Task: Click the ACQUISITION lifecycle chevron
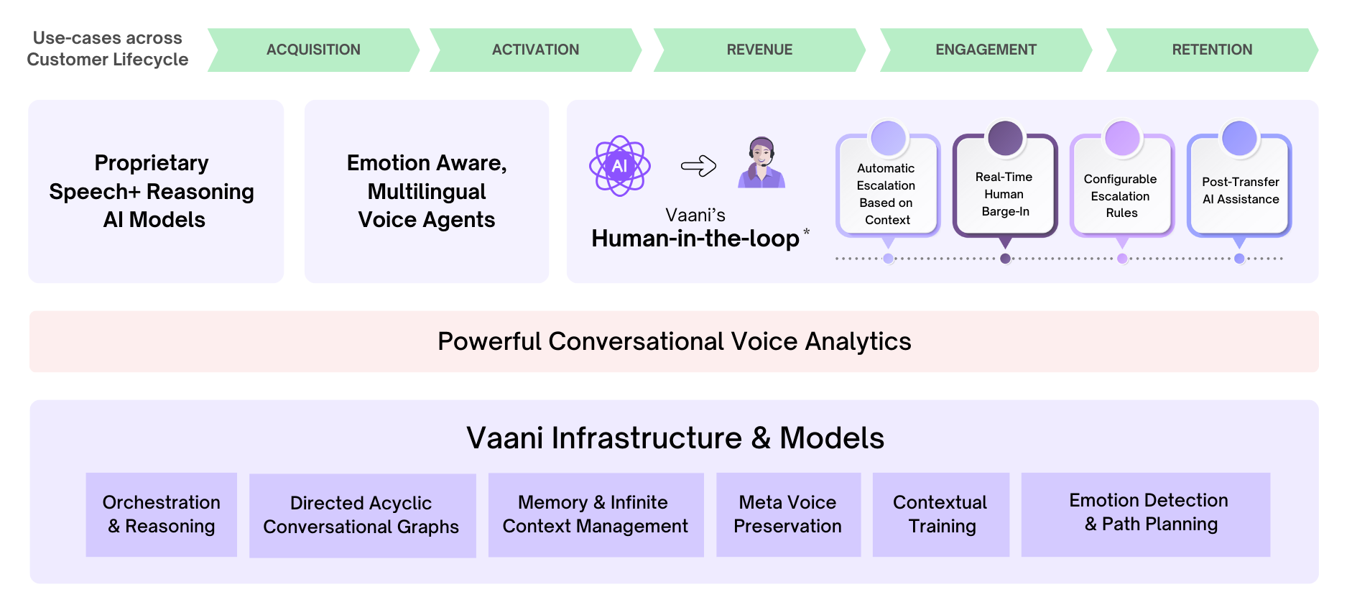point(313,50)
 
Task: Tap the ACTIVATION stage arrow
point(535,50)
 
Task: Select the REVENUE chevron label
point(759,50)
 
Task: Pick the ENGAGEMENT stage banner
point(986,50)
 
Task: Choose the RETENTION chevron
point(1212,50)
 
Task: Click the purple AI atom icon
point(619,166)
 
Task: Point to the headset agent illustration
point(761,163)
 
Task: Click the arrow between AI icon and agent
point(698,166)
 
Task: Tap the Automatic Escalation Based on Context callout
point(887,193)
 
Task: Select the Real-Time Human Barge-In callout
point(1005,193)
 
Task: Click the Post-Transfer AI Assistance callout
point(1240,190)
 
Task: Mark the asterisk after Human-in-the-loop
point(807,232)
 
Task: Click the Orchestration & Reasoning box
point(161,514)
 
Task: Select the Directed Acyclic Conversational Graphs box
point(361,515)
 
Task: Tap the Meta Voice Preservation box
point(787,514)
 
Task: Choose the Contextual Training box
point(940,514)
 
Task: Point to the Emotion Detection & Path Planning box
point(1148,513)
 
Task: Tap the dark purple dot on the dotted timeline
point(1005,259)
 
